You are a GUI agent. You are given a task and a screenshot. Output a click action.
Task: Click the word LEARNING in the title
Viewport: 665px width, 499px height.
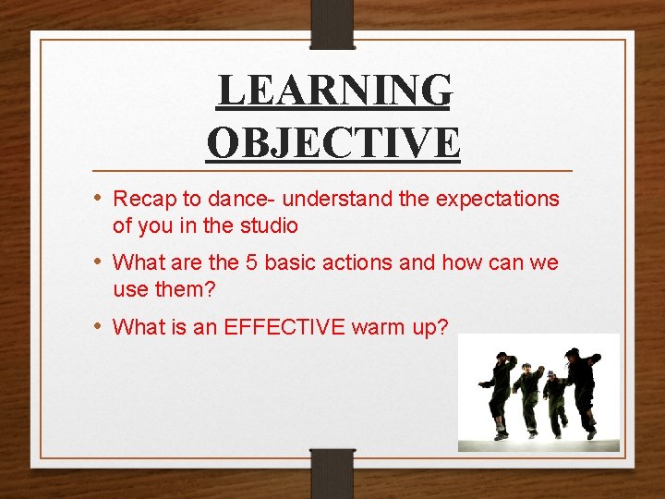334,91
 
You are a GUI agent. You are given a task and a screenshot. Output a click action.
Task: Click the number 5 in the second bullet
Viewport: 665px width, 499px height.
251,263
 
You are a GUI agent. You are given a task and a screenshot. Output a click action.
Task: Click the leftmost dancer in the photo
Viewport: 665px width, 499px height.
500,393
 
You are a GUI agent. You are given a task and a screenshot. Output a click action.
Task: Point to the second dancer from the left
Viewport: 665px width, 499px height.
527,397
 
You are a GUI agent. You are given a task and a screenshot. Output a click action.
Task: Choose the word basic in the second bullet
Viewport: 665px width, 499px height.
290,263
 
